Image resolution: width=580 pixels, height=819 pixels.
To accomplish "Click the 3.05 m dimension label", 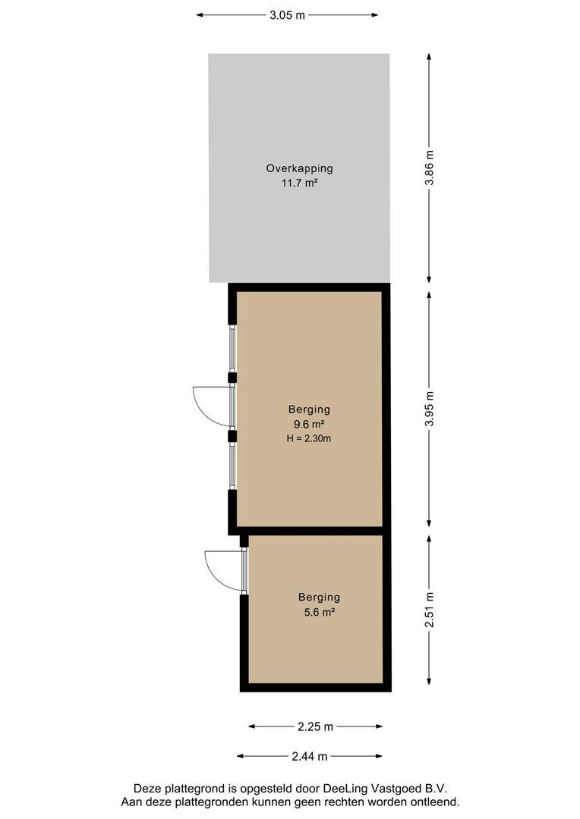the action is [x=287, y=15].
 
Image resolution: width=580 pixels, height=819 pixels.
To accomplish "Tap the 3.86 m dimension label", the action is [x=430, y=168].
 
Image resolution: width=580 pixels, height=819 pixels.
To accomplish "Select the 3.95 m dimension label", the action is [x=430, y=409].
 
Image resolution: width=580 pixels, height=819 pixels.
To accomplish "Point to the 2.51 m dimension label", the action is [x=430, y=610].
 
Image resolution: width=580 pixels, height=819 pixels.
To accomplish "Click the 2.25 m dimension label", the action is [x=315, y=726].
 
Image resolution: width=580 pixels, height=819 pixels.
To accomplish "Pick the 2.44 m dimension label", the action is [x=310, y=756].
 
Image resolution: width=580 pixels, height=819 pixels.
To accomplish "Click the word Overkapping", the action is [x=300, y=168].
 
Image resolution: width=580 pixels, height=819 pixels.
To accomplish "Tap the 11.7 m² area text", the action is [x=300, y=184].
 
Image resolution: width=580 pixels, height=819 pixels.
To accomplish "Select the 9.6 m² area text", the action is [x=309, y=424].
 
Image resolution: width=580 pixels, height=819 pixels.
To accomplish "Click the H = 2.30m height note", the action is [x=308, y=439].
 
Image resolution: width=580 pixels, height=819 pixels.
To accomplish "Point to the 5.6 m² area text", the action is [x=319, y=612].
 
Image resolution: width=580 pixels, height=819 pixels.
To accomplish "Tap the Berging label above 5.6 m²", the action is [x=319, y=598].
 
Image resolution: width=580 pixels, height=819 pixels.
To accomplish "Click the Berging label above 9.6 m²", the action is [x=309, y=409].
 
